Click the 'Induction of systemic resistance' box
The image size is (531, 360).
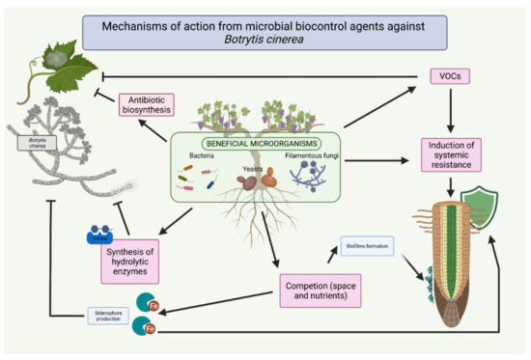451,153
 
